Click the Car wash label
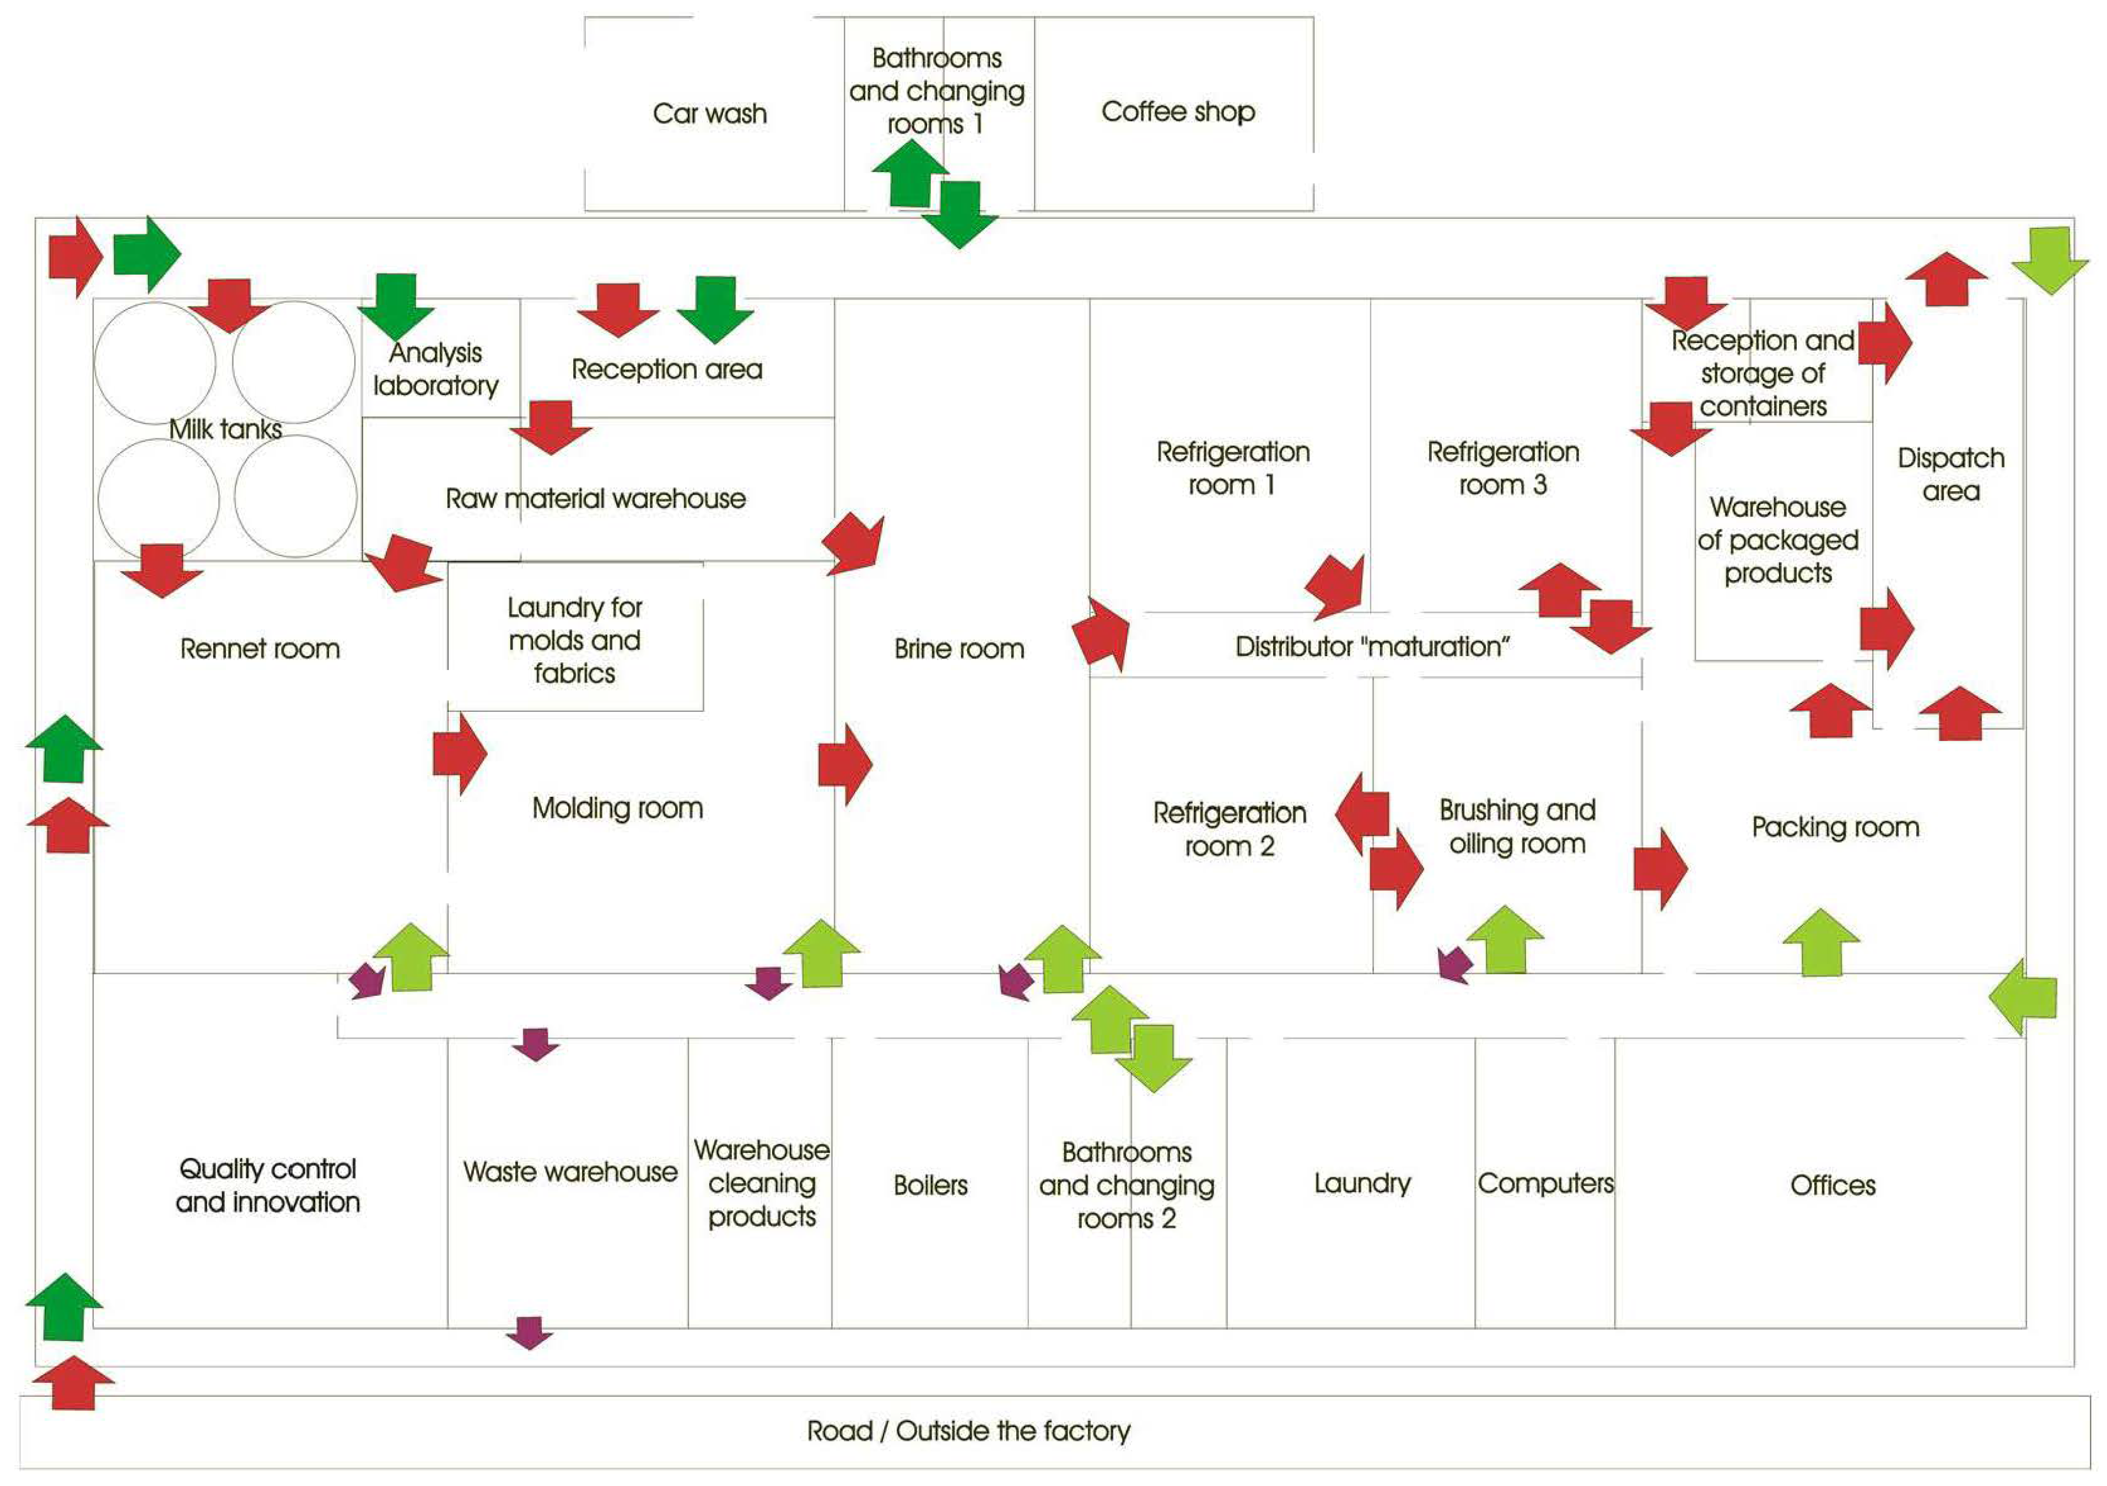pos(709,114)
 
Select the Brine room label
pos(959,649)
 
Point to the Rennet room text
pos(260,649)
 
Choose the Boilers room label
pos(930,1185)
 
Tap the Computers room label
pos(1545,1184)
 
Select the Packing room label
pos(1835,827)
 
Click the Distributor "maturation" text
pos(1372,647)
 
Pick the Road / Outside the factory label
pos(968,1431)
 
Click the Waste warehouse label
pos(570,1172)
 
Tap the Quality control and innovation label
pos(267,1185)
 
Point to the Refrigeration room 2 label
pos(1230,829)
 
